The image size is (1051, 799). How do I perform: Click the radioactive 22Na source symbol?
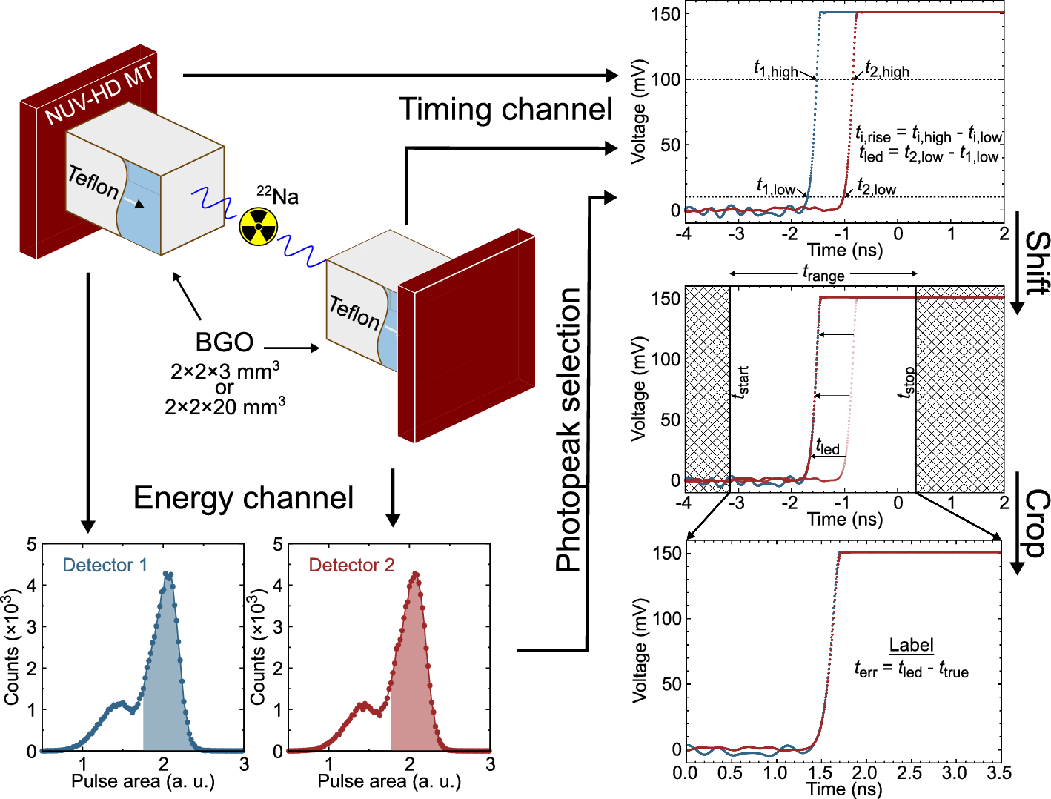(258, 226)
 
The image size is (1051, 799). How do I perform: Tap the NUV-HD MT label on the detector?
(99, 94)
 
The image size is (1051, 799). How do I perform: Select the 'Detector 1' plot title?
(105, 566)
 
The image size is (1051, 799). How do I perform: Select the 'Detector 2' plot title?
(351, 566)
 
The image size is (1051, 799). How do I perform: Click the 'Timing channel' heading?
(505, 110)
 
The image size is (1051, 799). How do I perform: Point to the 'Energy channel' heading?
(243, 498)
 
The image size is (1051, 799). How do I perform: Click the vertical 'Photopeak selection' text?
(568, 430)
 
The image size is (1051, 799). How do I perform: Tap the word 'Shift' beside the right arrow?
(1037, 263)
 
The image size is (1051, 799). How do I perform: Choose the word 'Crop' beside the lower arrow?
(1037, 523)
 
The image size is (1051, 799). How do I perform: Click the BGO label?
(224, 342)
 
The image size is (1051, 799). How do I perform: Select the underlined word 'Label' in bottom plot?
(911, 645)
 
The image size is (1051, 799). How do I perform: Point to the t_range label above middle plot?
(823, 274)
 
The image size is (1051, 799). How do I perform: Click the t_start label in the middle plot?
(740, 382)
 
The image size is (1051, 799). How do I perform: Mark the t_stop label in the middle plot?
(906, 382)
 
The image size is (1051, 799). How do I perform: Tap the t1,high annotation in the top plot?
(775, 70)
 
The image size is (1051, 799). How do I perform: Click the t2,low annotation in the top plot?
(876, 188)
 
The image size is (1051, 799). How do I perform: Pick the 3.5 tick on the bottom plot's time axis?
(999, 774)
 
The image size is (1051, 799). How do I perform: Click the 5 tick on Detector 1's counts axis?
(31, 546)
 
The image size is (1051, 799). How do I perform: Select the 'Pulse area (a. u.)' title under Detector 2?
(389, 781)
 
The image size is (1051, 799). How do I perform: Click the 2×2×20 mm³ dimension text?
(225, 406)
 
